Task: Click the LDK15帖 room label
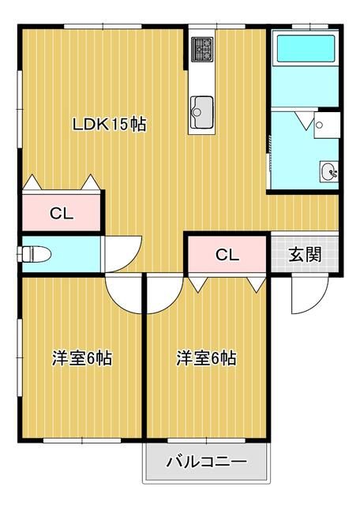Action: coord(109,125)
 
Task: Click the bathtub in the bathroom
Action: coord(305,50)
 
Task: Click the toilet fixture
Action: coord(36,254)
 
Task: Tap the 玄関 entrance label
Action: coord(304,254)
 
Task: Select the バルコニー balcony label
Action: coord(206,462)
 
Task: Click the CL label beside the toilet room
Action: coord(61,212)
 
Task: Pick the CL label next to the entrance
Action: coord(227,255)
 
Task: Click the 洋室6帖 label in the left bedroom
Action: coord(81,358)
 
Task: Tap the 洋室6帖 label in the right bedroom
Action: coord(206,358)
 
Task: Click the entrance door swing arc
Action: coord(303,296)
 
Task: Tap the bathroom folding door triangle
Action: coord(303,120)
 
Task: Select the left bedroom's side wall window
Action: coord(20,355)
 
